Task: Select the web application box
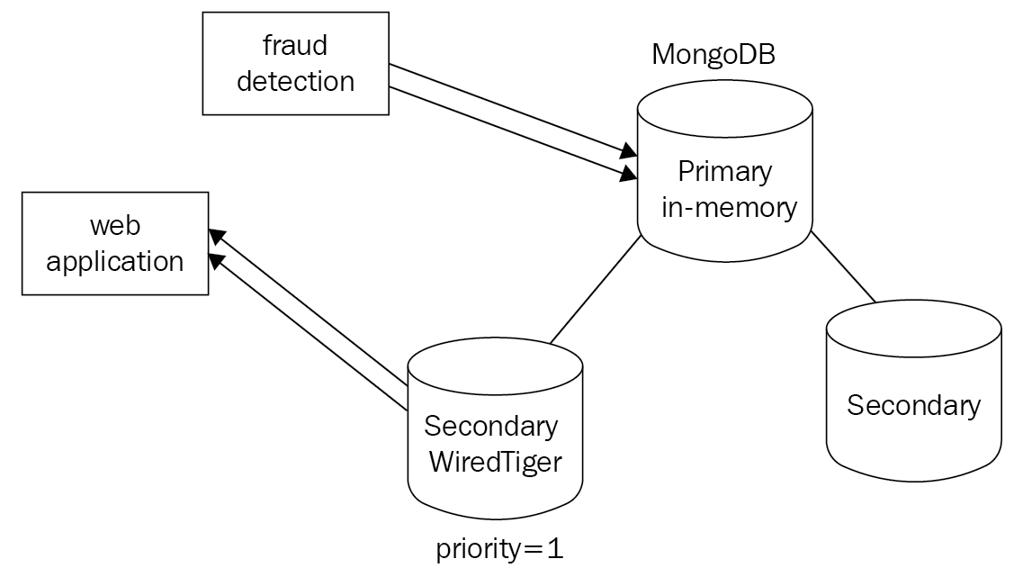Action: pyautogui.click(x=115, y=243)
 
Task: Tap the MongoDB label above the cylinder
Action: pyautogui.click(x=713, y=54)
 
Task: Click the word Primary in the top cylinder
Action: pyautogui.click(x=725, y=171)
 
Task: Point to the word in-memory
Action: pyautogui.click(x=729, y=207)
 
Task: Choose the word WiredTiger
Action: pyautogui.click(x=495, y=462)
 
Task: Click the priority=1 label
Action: pyautogui.click(x=499, y=549)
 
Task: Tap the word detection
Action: pyautogui.click(x=296, y=82)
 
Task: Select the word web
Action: pyautogui.click(x=115, y=227)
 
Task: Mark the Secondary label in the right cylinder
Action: pyautogui.click(x=913, y=405)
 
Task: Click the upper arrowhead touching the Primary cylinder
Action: pyautogui.click(x=629, y=150)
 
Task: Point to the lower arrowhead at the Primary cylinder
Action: pyautogui.click(x=629, y=173)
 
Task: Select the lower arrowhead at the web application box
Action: pyautogui.click(x=216, y=260)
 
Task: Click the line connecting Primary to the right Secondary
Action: pyautogui.click(x=843, y=266)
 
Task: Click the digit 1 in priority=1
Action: pyautogui.click(x=554, y=549)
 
